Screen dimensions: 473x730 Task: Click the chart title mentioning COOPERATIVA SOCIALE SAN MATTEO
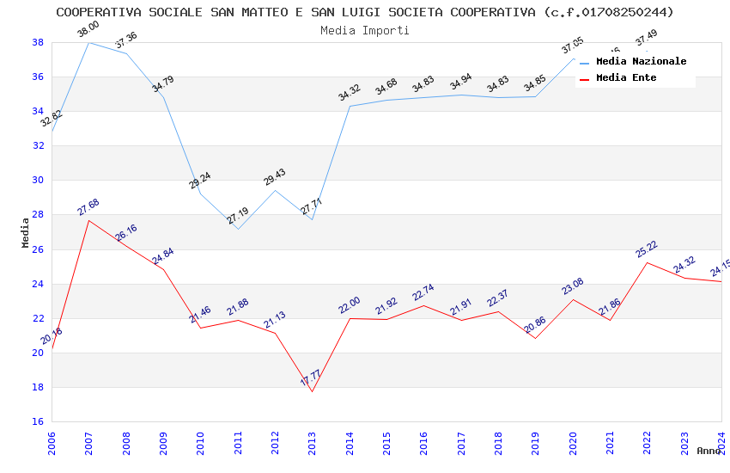(x=365, y=12)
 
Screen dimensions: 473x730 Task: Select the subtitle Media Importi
(x=365, y=30)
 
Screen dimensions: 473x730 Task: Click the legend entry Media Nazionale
(x=641, y=62)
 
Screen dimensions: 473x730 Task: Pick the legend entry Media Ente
(x=626, y=78)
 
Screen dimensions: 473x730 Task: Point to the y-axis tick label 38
(x=38, y=42)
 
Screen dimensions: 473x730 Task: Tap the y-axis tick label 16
(x=38, y=421)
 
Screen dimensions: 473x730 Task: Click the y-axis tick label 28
(x=38, y=215)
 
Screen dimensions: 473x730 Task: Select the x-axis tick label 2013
(x=313, y=444)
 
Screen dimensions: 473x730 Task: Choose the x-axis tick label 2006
(x=52, y=444)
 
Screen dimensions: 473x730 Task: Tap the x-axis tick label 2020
(x=573, y=444)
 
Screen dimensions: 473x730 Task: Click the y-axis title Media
(x=26, y=232)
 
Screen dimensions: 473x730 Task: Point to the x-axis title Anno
(x=709, y=451)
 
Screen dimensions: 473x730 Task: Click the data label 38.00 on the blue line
(x=88, y=29)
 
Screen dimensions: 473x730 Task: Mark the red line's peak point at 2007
(x=88, y=220)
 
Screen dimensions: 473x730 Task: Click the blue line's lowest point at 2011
(x=238, y=229)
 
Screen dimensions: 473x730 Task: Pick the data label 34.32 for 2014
(x=349, y=94)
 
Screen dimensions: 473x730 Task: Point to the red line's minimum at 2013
(x=312, y=391)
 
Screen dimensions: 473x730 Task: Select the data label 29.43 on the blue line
(x=275, y=177)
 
